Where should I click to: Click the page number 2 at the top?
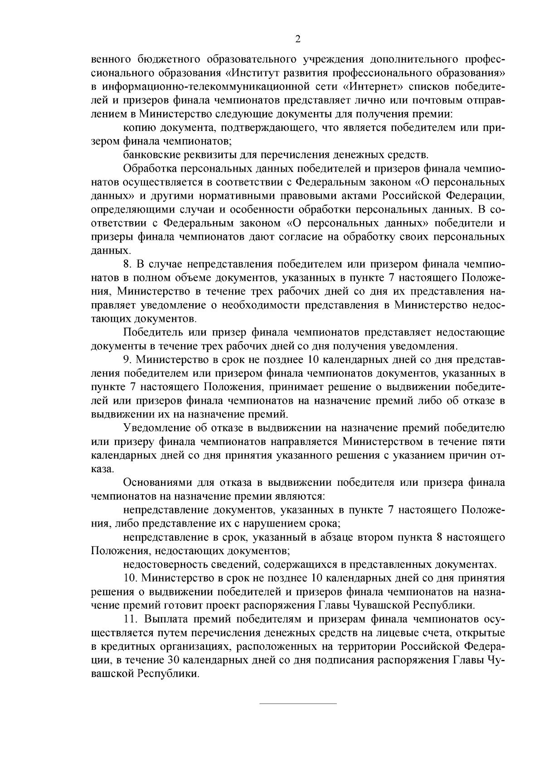click(298, 39)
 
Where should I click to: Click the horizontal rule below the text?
click(298, 703)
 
